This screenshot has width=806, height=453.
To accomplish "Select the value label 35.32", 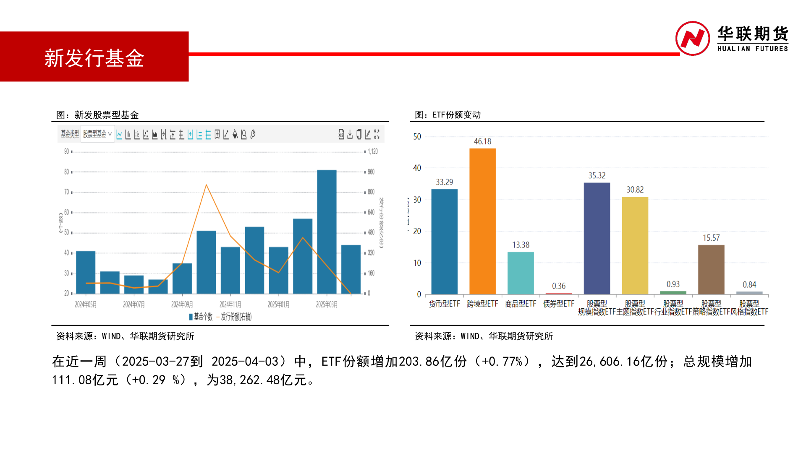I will [x=597, y=175].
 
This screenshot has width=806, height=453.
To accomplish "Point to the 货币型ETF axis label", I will [x=444, y=304].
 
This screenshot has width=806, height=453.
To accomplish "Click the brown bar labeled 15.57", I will [x=711, y=269].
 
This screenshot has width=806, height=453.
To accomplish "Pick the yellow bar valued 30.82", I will [x=635, y=245].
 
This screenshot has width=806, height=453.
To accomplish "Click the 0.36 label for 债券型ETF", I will [x=558, y=286].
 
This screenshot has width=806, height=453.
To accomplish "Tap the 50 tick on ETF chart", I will [x=417, y=137].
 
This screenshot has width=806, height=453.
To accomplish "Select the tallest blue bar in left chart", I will [x=327, y=232].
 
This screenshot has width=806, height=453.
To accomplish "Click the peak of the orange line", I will [x=206, y=185].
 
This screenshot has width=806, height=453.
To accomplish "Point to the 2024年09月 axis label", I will [x=182, y=305].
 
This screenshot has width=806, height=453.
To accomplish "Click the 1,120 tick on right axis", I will [x=373, y=151].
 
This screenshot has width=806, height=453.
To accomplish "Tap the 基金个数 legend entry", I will [x=201, y=317].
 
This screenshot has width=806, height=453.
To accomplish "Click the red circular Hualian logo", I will [x=692, y=39].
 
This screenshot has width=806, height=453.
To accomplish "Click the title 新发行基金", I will [x=94, y=58].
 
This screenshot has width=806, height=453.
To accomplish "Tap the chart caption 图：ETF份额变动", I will [x=447, y=115].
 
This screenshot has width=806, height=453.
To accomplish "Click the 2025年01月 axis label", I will [x=278, y=305].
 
